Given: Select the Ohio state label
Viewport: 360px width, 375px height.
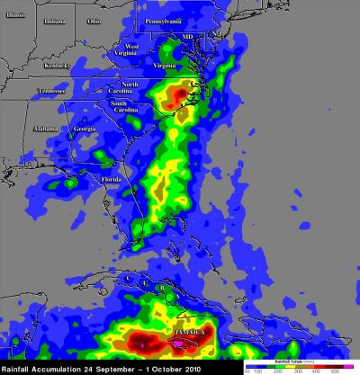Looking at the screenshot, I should tap(94, 19).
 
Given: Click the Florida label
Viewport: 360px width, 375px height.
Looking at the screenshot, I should tap(111, 179).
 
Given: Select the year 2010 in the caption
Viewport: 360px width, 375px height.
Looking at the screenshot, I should tap(201, 368).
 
